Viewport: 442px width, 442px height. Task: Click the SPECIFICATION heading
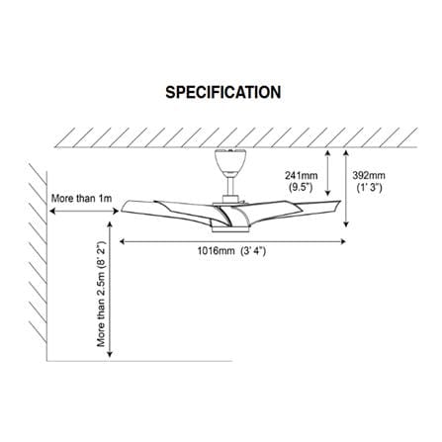coord(223,93)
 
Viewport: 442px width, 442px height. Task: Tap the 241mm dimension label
coord(302,175)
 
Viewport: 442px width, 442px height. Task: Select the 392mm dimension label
coord(369,175)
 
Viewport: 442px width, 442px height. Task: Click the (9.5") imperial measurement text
coord(302,187)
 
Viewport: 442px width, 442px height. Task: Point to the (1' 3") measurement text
coord(370,187)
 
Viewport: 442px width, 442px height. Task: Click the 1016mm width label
coord(216,251)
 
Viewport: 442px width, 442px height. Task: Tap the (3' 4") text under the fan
coord(253,251)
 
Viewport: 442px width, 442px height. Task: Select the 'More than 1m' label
coord(82,199)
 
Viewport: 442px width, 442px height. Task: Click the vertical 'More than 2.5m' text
coord(101,295)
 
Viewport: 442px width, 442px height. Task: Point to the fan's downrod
coord(230,185)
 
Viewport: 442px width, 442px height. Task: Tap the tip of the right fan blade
coord(339,202)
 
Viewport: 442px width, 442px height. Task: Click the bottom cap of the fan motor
coord(230,229)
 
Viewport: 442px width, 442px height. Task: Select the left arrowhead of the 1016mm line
coord(122,241)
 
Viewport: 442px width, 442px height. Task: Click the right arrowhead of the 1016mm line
coord(343,241)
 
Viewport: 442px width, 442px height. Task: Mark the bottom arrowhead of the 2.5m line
coord(110,354)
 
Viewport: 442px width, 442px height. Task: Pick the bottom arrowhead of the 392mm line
coord(346,224)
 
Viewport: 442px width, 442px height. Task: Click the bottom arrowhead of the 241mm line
coord(327,194)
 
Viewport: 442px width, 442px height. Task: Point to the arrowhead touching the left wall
coord(51,212)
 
